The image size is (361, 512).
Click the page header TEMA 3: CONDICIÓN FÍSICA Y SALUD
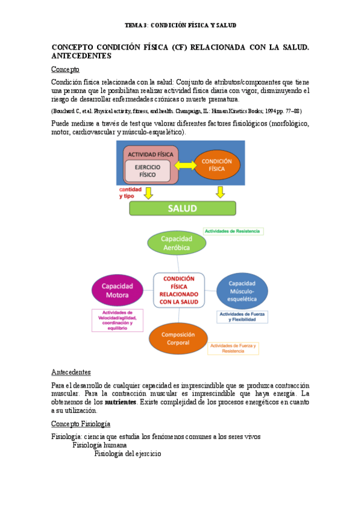click(x=180, y=25)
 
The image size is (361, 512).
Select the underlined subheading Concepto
click(x=65, y=69)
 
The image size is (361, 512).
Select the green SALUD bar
click(x=182, y=208)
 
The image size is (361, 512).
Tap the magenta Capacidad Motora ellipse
click(x=117, y=290)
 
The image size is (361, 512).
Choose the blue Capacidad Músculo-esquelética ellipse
click(x=242, y=291)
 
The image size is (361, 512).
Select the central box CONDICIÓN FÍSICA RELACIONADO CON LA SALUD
click(x=178, y=290)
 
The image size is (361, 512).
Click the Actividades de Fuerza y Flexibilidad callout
click(x=242, y=317)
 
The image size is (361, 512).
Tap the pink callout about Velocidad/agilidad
click(x=117, y=319)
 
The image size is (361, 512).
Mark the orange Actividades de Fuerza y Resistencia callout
click(x=232, y=348)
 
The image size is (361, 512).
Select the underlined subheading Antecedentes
click(x=71, y=371)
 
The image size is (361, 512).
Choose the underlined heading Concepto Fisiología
click(x=81, y=424)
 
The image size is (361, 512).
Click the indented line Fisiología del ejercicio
click(x=127, y=454)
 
